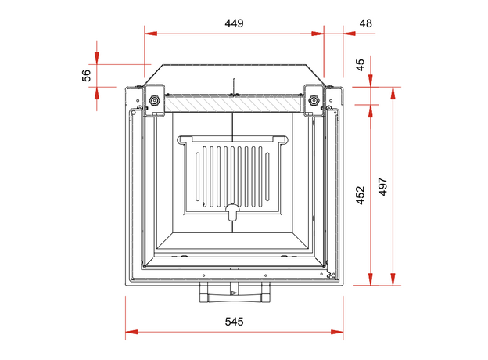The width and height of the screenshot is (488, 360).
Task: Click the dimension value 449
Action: [234, 23]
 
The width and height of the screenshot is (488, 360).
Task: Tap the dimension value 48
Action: [365, 23]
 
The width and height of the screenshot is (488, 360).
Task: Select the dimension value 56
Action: [87, 76]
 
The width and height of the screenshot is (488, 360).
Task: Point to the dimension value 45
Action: [360, 65]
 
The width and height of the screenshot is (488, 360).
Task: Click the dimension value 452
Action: [360, 195]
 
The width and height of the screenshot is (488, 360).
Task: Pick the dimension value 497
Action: [382, 186]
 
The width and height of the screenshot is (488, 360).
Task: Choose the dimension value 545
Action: [234, 322]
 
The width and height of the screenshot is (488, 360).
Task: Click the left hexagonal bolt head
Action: [154, 100]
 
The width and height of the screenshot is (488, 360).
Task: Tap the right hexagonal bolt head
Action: [313, 100]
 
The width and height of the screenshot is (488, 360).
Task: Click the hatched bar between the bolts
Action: [233, 103]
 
